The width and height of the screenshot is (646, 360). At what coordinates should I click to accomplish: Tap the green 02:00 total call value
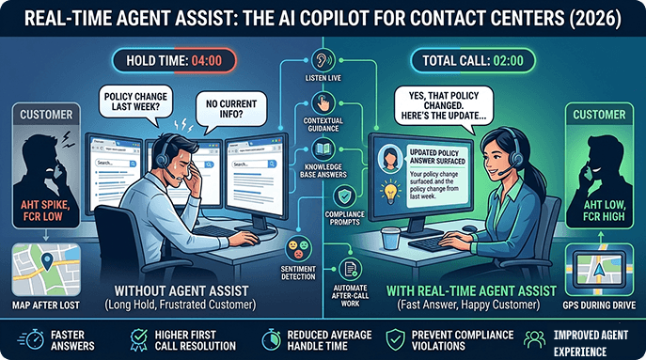(x=508, y=63)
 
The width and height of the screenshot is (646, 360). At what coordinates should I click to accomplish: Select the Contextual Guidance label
(x=324, y=125)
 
